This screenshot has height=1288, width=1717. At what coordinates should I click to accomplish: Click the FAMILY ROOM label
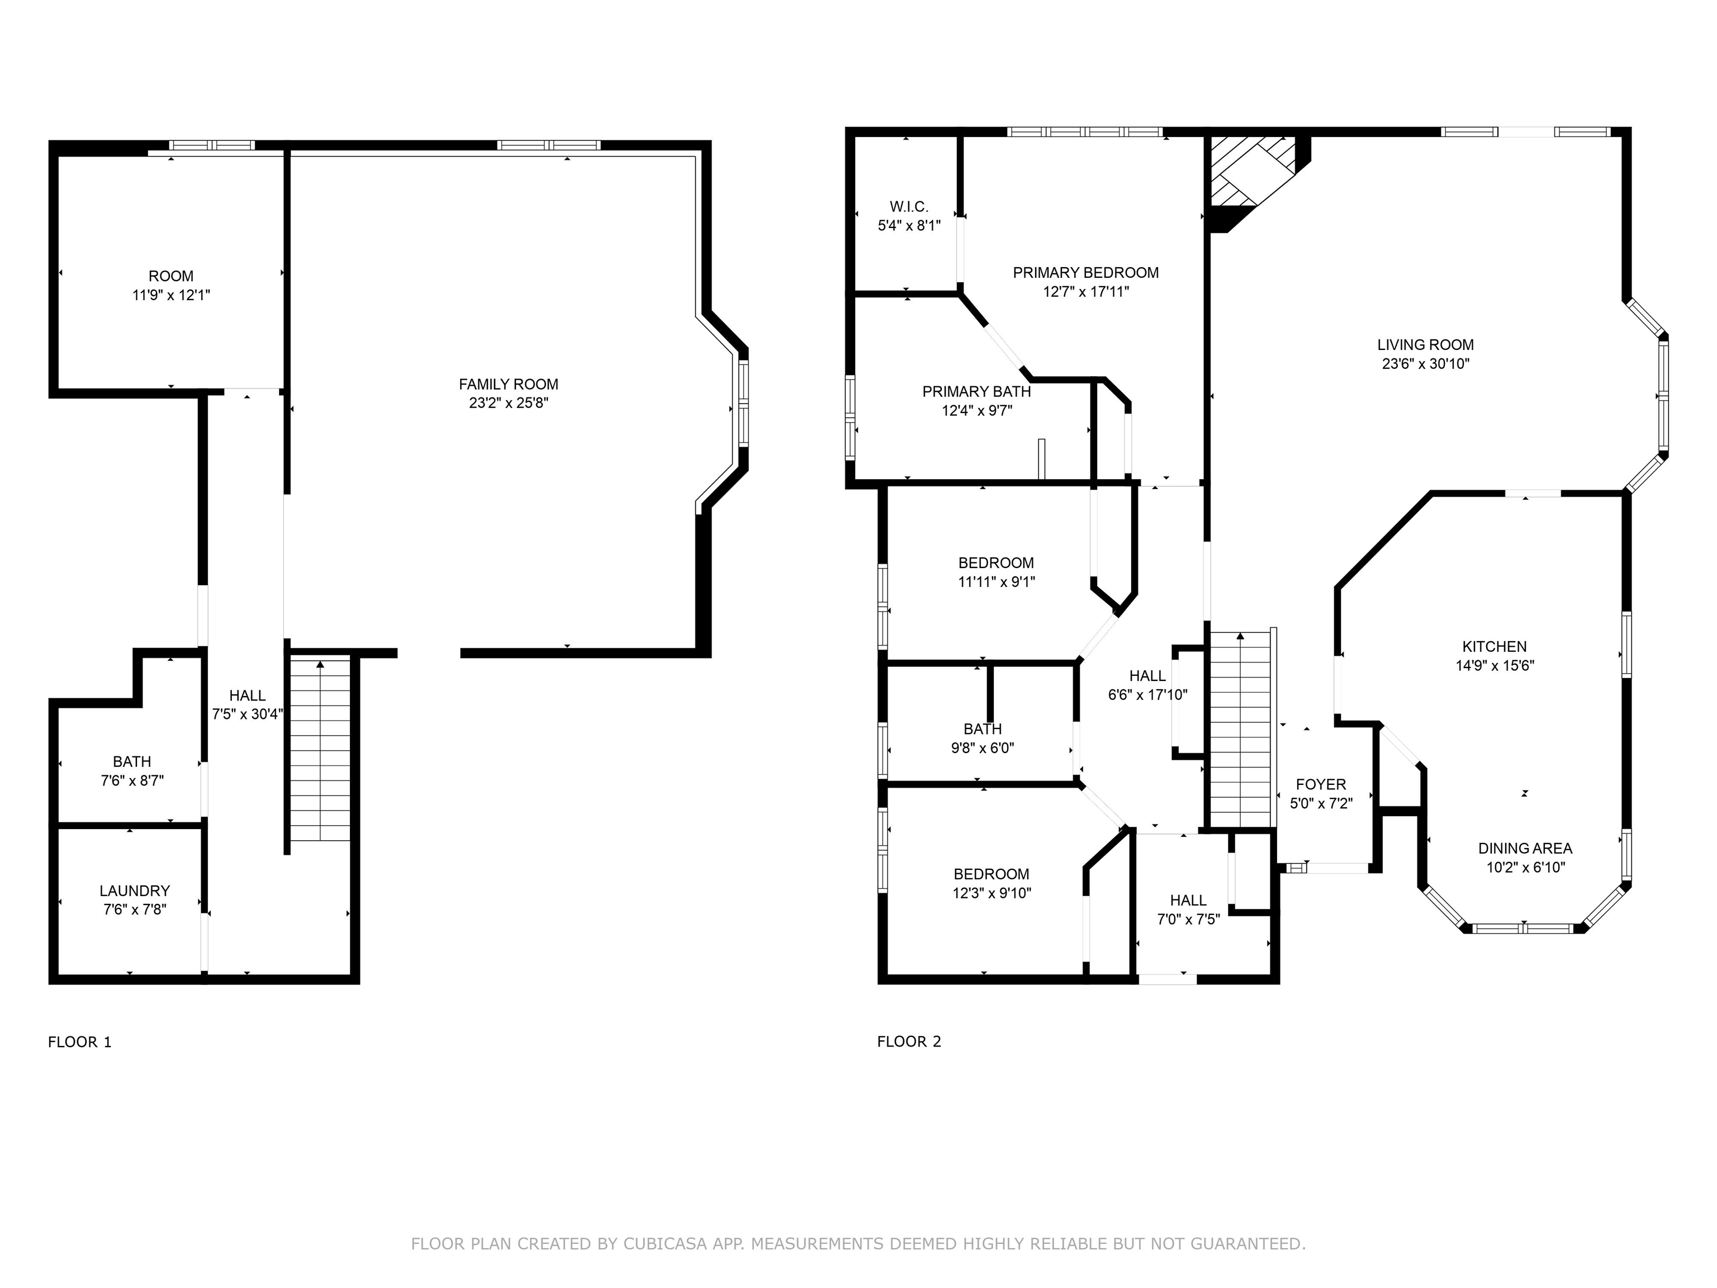coord(509,384)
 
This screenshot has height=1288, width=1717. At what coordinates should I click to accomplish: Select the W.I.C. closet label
coord(909,206)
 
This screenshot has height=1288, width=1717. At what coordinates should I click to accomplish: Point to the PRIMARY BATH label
coord(976,392)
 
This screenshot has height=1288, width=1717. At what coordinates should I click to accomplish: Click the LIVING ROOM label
coord(1425,345)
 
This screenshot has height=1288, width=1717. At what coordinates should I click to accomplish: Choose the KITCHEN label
coord(1494,647)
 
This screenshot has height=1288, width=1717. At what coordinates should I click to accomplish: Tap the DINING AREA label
coord(1525,849)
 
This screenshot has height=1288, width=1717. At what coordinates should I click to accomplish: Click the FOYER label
coord(1321,785)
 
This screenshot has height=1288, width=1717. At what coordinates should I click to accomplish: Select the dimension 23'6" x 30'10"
coord(1426,364)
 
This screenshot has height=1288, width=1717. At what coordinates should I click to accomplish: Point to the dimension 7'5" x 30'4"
coord(247,714)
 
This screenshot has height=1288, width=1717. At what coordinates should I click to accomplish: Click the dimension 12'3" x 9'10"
coord(992,893)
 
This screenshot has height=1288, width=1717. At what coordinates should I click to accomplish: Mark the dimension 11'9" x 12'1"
coord(172,296)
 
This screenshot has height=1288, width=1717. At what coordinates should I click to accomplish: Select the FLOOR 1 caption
coord(80,1042)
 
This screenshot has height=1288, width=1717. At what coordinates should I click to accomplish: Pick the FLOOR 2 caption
coord(909,1042)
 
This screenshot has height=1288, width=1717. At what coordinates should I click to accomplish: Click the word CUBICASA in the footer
coord(665,1244)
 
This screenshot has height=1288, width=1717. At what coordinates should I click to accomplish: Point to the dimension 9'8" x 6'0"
coord(983,749)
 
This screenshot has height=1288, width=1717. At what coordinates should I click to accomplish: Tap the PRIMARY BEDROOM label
coord(1085,272)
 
